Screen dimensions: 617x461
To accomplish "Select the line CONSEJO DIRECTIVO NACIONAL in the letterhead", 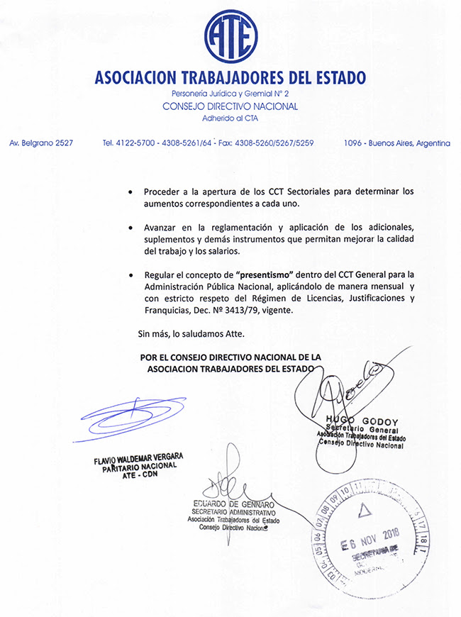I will pos(230,106).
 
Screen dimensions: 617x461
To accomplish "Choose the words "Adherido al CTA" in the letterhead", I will pos(230,118).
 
